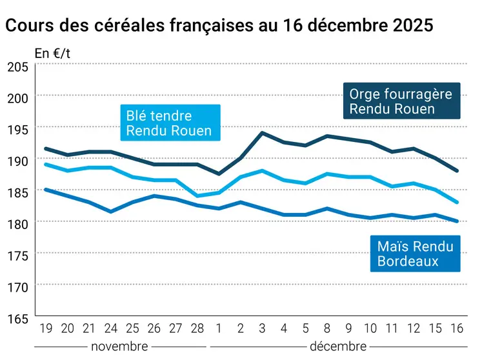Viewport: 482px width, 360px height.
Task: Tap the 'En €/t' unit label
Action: coord(52,54)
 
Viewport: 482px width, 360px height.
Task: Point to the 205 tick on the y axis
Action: coord(17,66)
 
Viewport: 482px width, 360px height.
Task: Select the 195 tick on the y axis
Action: coord(17,129)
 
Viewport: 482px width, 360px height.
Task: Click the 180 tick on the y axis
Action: coord(17,223)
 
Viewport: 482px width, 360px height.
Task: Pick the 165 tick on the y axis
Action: coord(17,318)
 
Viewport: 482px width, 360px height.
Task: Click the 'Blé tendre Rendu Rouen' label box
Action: coord(169,123)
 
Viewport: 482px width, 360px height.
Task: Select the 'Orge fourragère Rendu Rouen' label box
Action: coord(401,101)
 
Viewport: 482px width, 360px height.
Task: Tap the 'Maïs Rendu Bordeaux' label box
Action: coord(415,254)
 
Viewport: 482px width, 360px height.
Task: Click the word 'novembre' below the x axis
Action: coord(119,346)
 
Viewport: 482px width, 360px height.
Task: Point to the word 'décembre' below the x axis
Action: coord(338,346)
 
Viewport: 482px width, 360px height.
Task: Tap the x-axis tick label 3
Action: coord(261,328)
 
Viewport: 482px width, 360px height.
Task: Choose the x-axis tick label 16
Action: coord(457,328)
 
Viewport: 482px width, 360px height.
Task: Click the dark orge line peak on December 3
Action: coord(261,133)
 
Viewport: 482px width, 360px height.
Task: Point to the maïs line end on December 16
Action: coord(457,221)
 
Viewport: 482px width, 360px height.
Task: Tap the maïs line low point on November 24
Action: coord(111,212)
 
